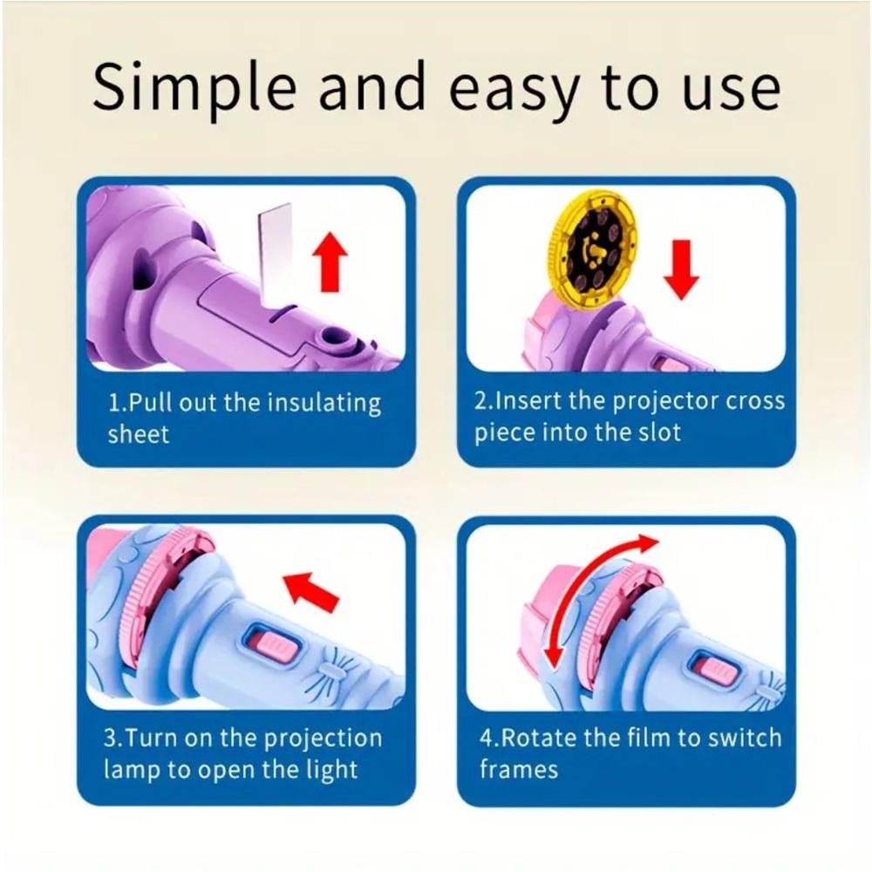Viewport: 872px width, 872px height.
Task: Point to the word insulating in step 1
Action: tap(324, 405)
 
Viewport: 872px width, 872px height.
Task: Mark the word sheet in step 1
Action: tap(138, 433)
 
